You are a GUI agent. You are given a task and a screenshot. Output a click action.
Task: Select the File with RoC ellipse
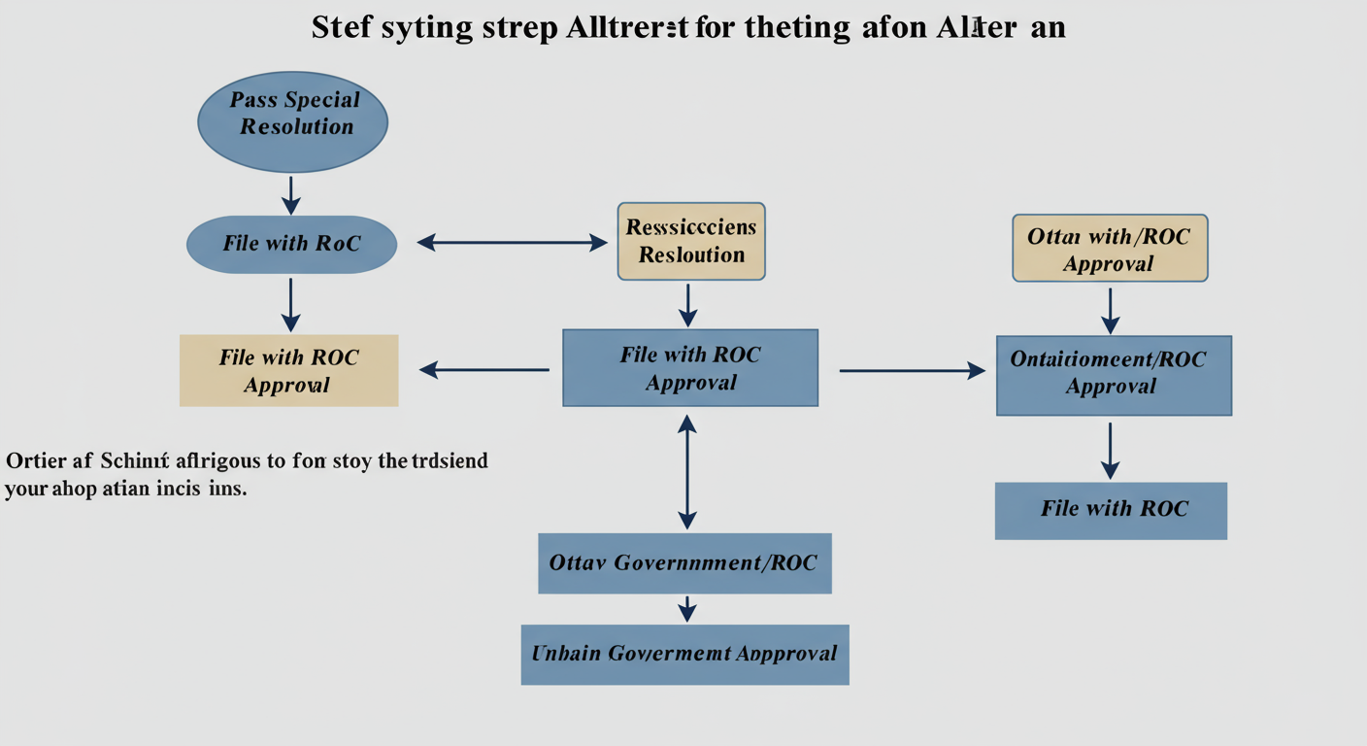tap(291, 244)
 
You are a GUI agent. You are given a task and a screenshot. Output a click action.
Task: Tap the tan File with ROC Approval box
tap(289, 370)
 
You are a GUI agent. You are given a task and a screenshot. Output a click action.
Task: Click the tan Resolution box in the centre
tap(691, 242)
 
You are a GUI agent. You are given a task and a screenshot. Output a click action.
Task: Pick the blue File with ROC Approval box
tap(690, 367)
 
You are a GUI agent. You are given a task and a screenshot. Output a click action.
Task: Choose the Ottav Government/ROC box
tap(684, 562)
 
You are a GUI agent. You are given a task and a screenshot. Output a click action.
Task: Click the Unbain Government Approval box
tap(684, 654)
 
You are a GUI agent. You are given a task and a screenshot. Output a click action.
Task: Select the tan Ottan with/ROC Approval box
tap(1110, 249)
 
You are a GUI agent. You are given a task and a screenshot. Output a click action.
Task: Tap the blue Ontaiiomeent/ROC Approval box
tap(1113, 375)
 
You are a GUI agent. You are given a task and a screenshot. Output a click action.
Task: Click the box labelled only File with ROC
tap(1111, 510)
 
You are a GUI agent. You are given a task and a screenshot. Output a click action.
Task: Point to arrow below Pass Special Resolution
tap(291, 194)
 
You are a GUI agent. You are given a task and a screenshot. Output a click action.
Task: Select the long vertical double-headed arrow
tap(687, 471)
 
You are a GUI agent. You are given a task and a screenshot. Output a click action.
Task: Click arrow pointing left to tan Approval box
tap(483, 369)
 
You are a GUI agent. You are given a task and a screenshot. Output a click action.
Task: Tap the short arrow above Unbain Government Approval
tap(687, 609)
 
